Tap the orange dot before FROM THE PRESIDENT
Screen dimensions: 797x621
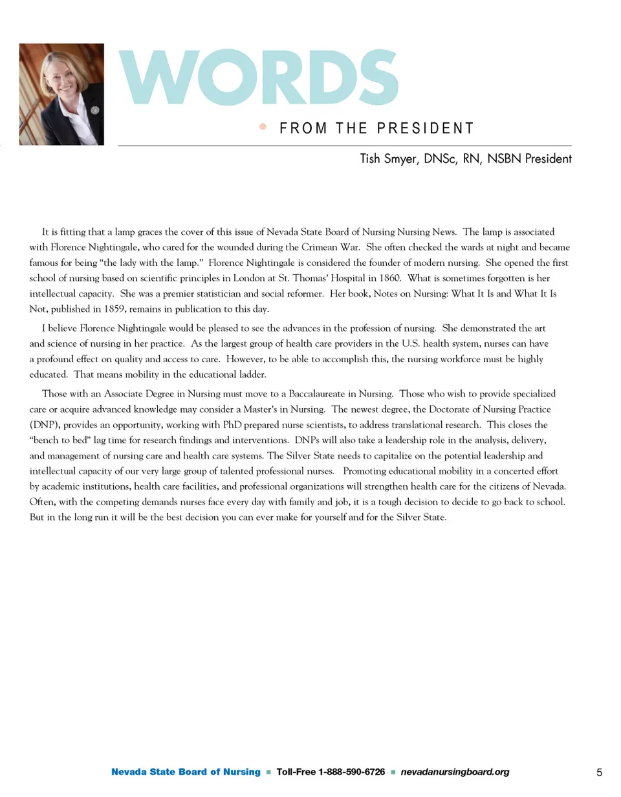[x=262, y=127]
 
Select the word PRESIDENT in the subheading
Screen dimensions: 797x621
[x=424, y=128]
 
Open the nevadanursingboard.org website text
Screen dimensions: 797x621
[x=455, y=772]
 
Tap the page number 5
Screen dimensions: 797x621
[x=599, y=772]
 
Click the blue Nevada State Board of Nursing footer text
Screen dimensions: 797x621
[x=186, y=772]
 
